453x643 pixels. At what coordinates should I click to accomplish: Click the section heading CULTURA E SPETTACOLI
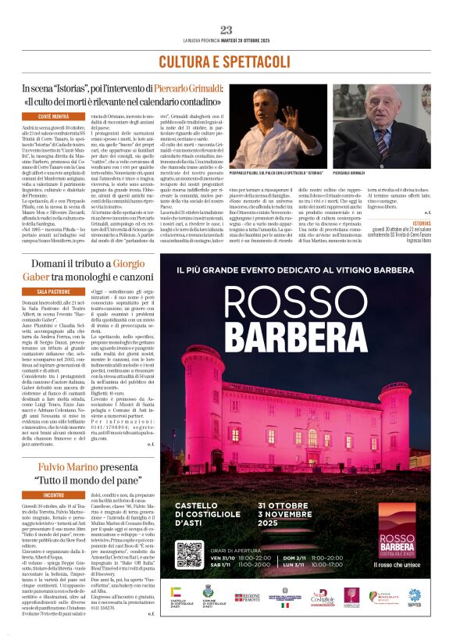(x=226, y=61)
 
